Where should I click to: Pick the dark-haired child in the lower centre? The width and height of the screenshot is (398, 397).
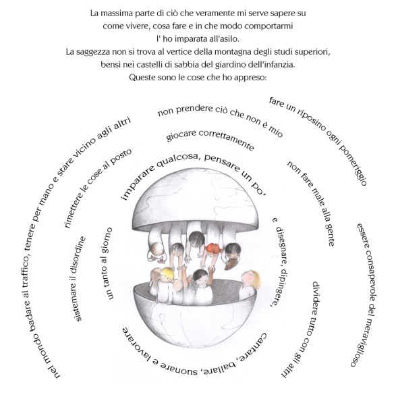click(x=201, y=279)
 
